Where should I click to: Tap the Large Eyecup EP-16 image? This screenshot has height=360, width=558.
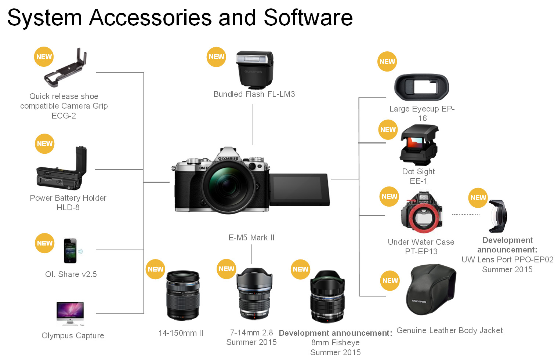[x=421, y=88]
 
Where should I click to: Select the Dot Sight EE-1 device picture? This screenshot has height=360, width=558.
[x=419, y=145]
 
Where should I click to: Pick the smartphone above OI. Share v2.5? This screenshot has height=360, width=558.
[x=70, y=251]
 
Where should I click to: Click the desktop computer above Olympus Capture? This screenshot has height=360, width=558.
[x=70, y=313]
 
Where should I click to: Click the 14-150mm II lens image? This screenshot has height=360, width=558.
[x=182, y=296]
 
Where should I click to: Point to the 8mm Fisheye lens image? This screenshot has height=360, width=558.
[x=327, y=297]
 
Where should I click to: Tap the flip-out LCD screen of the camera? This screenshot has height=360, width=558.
[x=299, y=189]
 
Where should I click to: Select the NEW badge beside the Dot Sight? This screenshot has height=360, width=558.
[x=388, y=130]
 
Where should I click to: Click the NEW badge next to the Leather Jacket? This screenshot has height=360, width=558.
[x=390, y=281]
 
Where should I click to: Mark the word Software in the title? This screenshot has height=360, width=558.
[x=308, y=18]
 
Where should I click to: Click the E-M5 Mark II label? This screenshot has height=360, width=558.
[x=251, y=237]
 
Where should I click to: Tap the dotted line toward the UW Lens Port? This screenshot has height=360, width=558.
[x=465, y=214]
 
